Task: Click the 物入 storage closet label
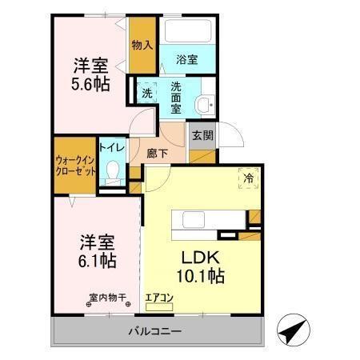point(142,45)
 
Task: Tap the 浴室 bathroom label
point(187,59)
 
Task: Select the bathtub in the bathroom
point(187,33)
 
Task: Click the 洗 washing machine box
point(146,92)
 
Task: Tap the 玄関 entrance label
point(201,135)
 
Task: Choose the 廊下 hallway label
point(158,152)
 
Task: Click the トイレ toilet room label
point(111,147)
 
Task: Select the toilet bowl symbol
point(113,171)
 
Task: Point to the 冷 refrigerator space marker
point(249,179)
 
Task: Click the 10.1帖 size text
point(202,277)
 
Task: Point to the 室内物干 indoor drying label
point(109,298)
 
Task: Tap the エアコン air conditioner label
point(160,298)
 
